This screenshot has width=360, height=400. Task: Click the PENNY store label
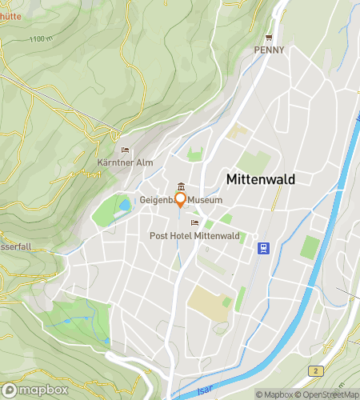[x=269, y=50]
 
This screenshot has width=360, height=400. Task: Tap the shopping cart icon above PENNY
[x=269, y=38]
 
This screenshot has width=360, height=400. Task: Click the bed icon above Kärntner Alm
[x=123, y=150]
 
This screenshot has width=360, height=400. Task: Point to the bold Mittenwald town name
[x=261, y=179]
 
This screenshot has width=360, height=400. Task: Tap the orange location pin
[x=181, y=199]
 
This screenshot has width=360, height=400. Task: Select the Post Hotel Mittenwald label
[x=194, y=235]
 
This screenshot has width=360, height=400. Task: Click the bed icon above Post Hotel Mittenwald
[x=194, y=223]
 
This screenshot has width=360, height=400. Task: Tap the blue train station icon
[x=262, y=248]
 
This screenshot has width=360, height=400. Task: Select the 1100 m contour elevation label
[x=38, y=38]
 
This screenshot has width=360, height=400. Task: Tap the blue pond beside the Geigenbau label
[x=124, y=205]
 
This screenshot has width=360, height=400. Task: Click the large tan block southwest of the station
[x=206, y=302]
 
